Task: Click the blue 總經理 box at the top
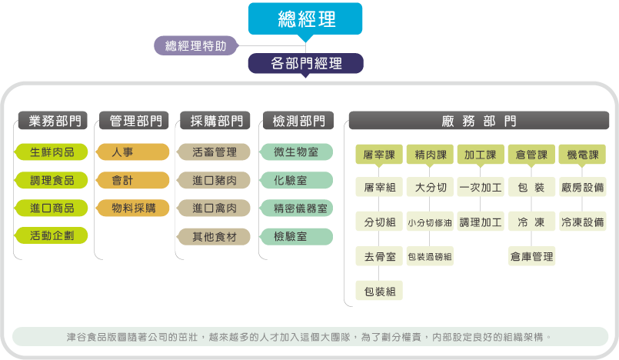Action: point(305,18)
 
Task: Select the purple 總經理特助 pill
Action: point(195,46)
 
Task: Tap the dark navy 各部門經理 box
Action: point(305,63)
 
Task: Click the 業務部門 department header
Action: point(53,121)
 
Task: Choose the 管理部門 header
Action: point(135,121)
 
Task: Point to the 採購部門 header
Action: point(215,121)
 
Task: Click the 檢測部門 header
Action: point(298,121)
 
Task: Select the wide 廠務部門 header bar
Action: point(479,121)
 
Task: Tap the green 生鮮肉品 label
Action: point(52,152)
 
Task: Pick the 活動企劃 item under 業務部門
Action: point(52,235)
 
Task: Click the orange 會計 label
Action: point(132,181)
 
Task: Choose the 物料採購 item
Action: point(132,208)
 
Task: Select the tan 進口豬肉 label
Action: point(214,181)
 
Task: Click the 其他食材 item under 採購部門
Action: point(214,237)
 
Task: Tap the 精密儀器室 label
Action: point(297,208)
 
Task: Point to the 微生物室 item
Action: point(297,152)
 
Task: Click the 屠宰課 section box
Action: point(379,155)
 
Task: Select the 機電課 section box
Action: point(582,155)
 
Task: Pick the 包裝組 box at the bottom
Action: point(379,291)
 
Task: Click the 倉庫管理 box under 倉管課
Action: point(531,256)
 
